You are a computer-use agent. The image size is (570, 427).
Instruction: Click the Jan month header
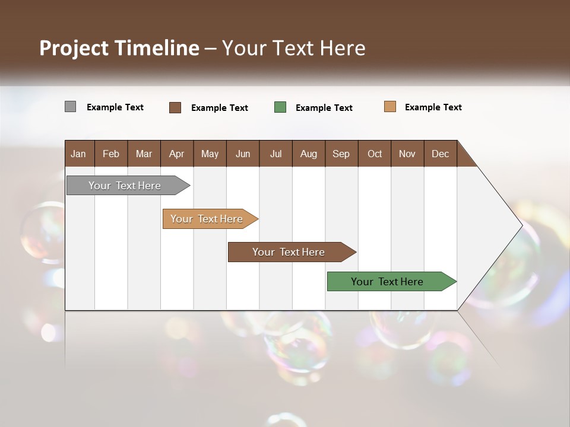(79, 154)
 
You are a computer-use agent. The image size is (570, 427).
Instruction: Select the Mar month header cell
(144, 154)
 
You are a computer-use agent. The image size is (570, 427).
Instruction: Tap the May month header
(210, 154)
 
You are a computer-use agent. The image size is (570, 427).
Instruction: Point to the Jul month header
(275, 154)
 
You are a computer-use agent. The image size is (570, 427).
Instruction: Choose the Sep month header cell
(341, 154)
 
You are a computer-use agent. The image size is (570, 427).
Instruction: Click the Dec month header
(440, 154)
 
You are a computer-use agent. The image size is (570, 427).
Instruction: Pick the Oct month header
(375, 154)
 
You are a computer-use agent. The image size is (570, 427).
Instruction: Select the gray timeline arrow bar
(125, 186)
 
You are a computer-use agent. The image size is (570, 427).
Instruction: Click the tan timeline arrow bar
(207, 219)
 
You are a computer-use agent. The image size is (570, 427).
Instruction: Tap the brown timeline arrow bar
(289, 252)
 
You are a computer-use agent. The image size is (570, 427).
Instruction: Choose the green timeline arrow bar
(388, 282)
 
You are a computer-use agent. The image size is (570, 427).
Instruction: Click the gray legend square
(70, 107)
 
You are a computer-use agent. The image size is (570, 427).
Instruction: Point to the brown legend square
(175, 107)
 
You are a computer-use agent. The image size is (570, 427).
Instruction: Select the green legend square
(280, 107)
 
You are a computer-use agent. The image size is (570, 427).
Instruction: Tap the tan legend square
(390, 107)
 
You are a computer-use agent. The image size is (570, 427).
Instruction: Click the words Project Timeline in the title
(119, 48)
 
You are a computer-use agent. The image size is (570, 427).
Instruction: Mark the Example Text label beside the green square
(324, 108)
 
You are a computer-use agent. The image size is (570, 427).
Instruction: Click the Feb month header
(111, 154)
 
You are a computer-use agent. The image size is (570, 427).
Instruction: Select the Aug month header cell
(308, 154)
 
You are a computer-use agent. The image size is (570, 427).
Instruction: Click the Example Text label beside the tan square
(433, 107)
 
